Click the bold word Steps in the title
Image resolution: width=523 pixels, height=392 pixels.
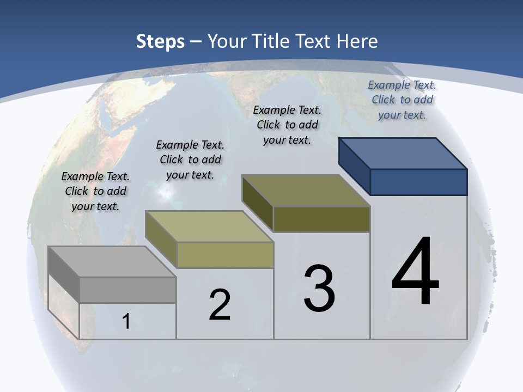click(160, 41)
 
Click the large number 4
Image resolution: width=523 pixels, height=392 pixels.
click(415, 272)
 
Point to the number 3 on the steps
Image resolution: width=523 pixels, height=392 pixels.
click(319, 289)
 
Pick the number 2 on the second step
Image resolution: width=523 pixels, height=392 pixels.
click(220, 305)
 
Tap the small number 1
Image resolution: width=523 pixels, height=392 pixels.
click(126, 321)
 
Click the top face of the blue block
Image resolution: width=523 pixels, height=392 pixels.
click(403, 154)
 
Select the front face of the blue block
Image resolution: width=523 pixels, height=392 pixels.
click(418, 182)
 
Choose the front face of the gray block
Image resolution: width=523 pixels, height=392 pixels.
click(127, 290)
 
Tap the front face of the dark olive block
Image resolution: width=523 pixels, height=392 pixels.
click(321, 219)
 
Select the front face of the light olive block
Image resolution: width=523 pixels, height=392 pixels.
click(224, 255)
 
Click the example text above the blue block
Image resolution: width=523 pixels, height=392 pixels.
click(402, 100)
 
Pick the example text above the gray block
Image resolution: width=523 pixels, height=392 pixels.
click(95, 191)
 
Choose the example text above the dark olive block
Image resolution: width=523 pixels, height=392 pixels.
click(287, 125)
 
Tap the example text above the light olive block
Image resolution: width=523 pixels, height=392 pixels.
click(190, 160)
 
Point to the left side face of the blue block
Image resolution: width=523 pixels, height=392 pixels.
click(354, 166)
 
